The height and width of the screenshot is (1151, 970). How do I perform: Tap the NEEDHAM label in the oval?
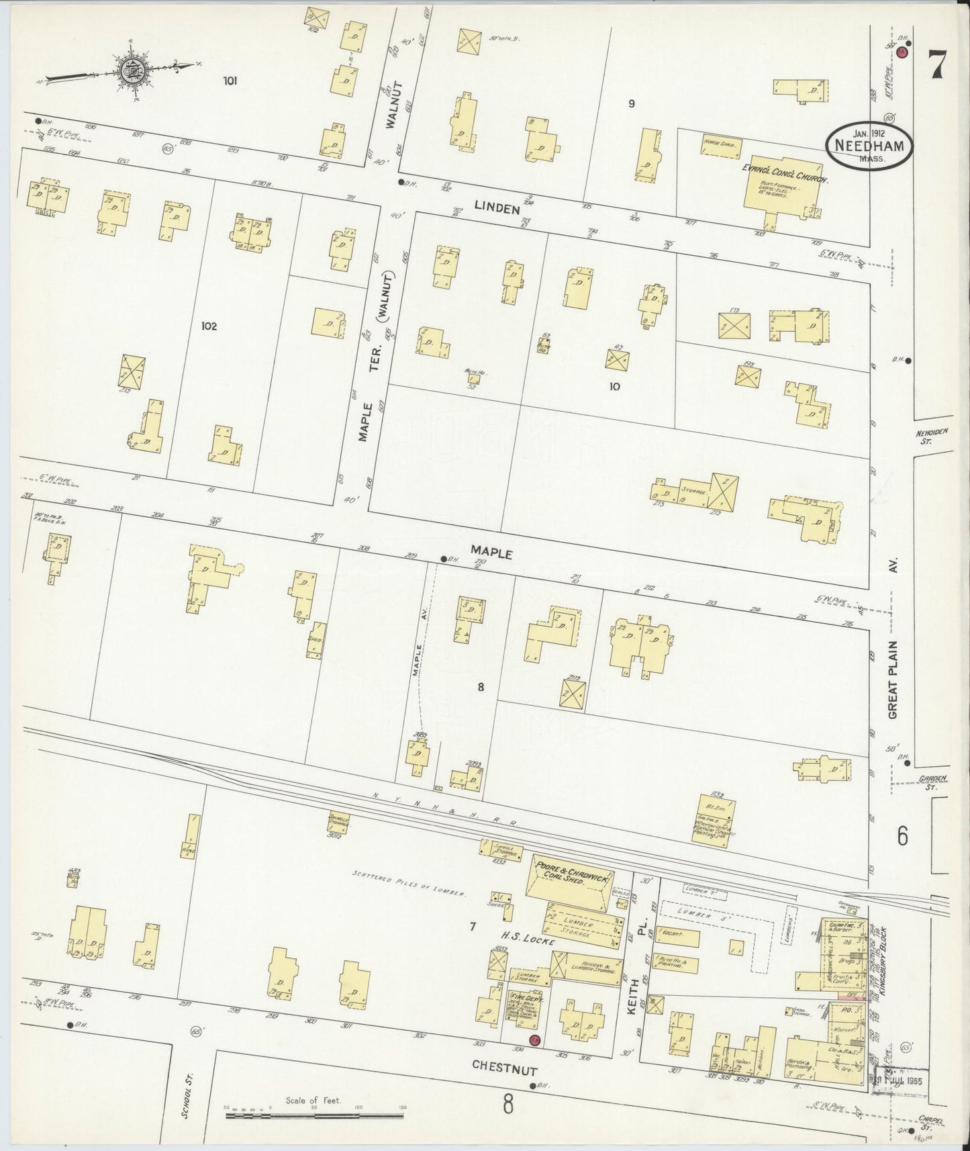point(868,144)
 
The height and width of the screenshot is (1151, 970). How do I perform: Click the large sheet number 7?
point(937,66)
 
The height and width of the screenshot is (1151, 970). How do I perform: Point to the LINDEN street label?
point(497,210)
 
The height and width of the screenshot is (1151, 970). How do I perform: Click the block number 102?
point(209,326)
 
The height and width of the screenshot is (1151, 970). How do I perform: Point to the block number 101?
point(230,81)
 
